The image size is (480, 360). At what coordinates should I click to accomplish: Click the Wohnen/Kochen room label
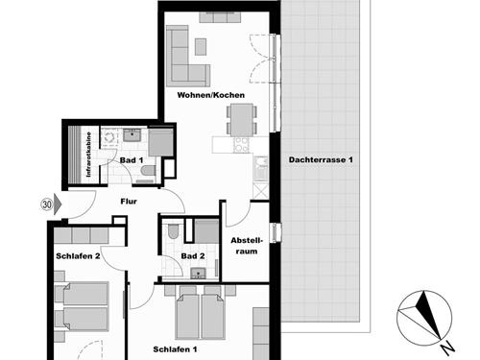(211, 95)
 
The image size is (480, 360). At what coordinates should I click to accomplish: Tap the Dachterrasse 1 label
(321, 159)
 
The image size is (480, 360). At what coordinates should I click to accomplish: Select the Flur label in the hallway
(129, 202)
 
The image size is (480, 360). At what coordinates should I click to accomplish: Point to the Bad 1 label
(132, 160)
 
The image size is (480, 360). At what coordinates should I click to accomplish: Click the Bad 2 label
(193, 256)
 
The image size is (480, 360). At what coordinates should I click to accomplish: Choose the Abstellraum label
(247, 246)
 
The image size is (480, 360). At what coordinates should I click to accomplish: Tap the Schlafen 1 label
(175, 349)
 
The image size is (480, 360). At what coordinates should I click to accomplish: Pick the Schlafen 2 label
(78, 256)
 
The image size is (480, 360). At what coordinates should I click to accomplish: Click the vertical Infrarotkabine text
(88, 155)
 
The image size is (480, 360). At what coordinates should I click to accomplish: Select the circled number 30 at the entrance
(47, 204)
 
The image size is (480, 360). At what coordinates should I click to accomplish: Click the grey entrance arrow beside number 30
(58, 204)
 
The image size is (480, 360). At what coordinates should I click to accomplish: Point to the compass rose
(424, 318)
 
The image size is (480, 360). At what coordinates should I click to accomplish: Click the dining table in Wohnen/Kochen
(242, 120)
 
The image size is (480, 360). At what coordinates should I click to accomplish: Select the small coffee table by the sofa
(201, 47)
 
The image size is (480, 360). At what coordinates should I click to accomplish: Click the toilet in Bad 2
(173, 231)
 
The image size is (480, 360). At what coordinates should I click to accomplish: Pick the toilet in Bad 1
(148, 171)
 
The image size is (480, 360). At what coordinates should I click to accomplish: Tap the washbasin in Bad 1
(131, 135)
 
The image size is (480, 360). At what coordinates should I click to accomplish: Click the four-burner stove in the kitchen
(242, 145)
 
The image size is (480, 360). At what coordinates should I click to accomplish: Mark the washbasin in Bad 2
(199, 273)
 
